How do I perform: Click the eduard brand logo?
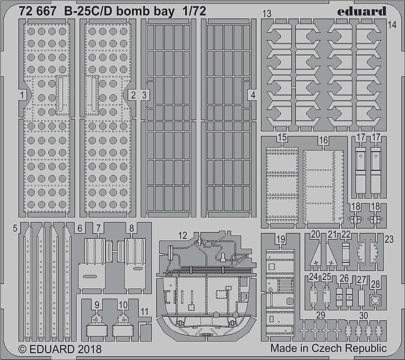[x=362, y=12]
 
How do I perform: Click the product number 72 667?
[x=38, y=11]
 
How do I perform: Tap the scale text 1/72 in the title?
[x=194, y=11]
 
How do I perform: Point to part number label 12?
[x=183, y=235]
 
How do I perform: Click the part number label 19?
[x=281, y=239]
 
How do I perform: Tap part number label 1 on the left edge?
[x=22, y=95]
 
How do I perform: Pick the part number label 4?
[x=253, y=95]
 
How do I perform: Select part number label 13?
[x=267, y=14]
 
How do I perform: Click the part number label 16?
[x=323, y=140]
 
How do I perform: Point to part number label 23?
[x=389, y=239]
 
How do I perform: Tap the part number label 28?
[x=375, y=284]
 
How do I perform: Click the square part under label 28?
[x=375, y=300]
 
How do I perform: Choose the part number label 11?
[x=145, y=312]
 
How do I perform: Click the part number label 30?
[x=364, y=315]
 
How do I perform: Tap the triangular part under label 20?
[x=315, y=255]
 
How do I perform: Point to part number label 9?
[x=97, y=305]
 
